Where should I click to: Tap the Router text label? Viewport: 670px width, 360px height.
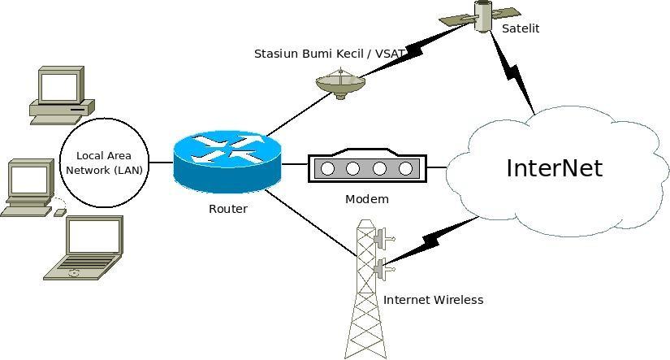228,209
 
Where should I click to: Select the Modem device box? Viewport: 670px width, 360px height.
366,167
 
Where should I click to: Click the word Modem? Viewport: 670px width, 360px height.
367,199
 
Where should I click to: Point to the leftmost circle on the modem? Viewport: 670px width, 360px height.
328,169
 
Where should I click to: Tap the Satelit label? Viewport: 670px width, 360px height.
521,28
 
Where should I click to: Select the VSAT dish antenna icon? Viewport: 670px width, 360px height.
340,83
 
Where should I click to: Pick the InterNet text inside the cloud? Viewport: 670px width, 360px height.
554,168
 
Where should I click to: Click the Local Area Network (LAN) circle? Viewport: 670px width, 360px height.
104,163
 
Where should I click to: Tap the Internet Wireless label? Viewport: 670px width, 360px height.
433,300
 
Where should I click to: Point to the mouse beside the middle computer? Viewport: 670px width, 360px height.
60,212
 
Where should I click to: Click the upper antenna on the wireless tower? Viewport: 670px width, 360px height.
381,237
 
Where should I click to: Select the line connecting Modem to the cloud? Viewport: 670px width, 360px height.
436,168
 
